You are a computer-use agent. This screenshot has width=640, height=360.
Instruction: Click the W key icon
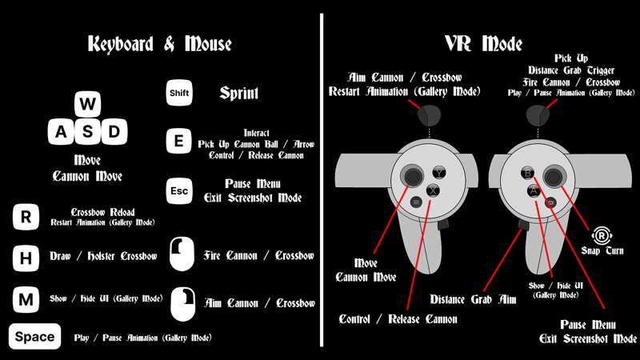tap(88, 104)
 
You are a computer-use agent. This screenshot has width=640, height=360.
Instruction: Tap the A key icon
tap(61, 132)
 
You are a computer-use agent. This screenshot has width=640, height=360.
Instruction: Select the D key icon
tap(114, 132)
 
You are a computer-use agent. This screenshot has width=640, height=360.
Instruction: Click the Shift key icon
tap(179, 93)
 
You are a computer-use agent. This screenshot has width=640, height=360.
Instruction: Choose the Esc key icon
tap(179, 191)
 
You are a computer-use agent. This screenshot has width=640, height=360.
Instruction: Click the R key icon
tap(26, 217)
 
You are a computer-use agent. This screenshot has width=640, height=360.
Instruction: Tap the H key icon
tap(26, 258)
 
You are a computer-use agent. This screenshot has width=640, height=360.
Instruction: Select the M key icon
tap(26, 299)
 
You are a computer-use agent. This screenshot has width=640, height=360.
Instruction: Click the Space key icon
tap(34, 336)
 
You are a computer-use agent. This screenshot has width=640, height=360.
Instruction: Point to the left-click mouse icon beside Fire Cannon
tap(182, 254)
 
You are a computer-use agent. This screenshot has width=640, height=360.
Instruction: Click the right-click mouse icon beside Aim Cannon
tap(183, 304)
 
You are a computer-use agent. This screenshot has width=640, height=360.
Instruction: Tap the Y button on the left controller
tap(439, 173)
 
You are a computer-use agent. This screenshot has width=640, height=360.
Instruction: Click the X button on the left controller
tap(433, 190)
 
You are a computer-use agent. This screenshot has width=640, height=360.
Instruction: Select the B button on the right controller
tap(527, 173)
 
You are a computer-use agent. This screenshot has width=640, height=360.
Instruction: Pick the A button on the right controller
tap(534, 190)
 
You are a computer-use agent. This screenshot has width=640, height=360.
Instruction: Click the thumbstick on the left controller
tap(413, 176)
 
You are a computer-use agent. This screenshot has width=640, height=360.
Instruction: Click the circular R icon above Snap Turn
tap(602, 235)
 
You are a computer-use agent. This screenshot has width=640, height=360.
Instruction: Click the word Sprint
tap(239, 94)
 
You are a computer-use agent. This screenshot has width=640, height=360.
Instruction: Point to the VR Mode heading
tap(484, 44)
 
